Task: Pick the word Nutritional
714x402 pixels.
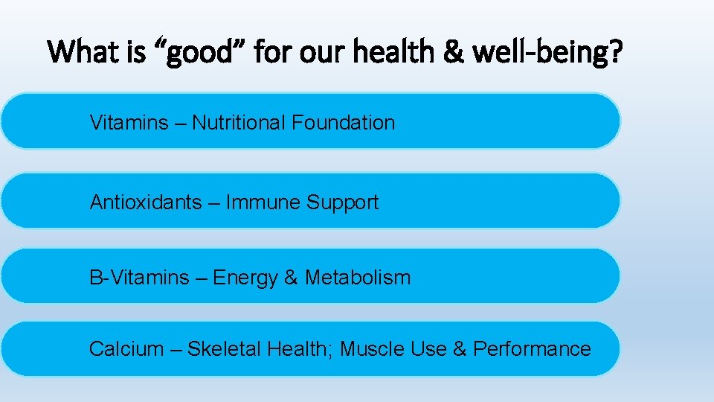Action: point(239,123)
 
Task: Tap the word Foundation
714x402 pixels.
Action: point(343,123)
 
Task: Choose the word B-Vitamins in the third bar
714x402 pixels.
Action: point(139,278)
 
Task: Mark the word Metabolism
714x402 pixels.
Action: point(358,278)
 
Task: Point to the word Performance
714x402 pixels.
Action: point(533,349)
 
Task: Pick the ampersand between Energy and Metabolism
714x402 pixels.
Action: point(291,278)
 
